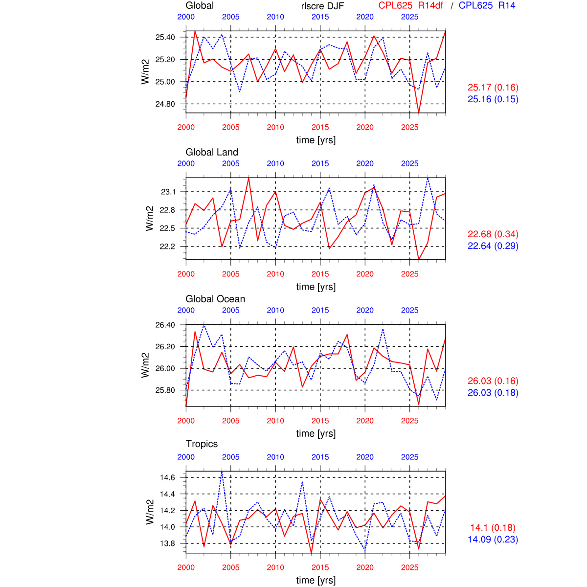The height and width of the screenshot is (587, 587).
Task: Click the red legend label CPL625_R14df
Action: point(410,5)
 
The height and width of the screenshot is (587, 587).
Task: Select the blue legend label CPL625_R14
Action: point(487,5)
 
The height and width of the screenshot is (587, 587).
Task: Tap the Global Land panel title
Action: point(212,152)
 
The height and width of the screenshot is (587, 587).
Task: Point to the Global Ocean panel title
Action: point(215,299)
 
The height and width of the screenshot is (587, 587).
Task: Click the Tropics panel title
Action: point(202,444)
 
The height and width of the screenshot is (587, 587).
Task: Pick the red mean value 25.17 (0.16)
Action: point(493,88)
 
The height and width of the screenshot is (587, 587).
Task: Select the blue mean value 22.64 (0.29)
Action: point(493,246)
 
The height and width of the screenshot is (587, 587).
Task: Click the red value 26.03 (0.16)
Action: point(493,381)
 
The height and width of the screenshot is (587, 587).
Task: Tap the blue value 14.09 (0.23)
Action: point(493,540)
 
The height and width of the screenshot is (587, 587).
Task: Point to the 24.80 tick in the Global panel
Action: point(165,104)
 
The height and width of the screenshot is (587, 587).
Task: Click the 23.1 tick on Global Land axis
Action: point(168,192)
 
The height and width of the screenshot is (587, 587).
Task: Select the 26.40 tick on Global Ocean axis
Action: point(165,325)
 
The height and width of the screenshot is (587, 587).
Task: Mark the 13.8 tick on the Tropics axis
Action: point(168,543)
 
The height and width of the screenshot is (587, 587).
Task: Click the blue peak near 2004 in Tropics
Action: point(222,471)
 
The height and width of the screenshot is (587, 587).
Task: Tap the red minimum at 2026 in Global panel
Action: point(419,113)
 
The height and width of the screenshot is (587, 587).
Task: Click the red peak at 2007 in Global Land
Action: point(248,178)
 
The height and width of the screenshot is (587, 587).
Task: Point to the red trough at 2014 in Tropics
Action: point(311,553)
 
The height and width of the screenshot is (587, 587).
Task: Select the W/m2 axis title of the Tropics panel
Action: point(150,512)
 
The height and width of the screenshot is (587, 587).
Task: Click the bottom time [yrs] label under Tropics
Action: point(316,580)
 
